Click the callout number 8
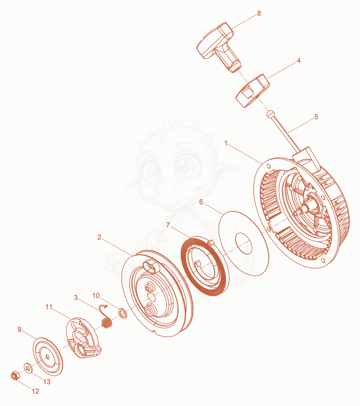point(259,13)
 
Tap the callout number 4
point(299,61)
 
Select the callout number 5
point(316,117)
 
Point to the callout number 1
point(226,143)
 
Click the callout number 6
point(201,202)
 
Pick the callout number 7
point(168,225)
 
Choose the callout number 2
point(99,237)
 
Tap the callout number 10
point(96,296)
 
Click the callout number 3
point(76,298)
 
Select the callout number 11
point(49,307)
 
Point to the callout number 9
point(19,329)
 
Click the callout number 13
point(47,382)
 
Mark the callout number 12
point(36,391)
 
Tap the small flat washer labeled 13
point(28,368)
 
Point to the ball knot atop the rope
point(271,114)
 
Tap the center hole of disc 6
point(243,244)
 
